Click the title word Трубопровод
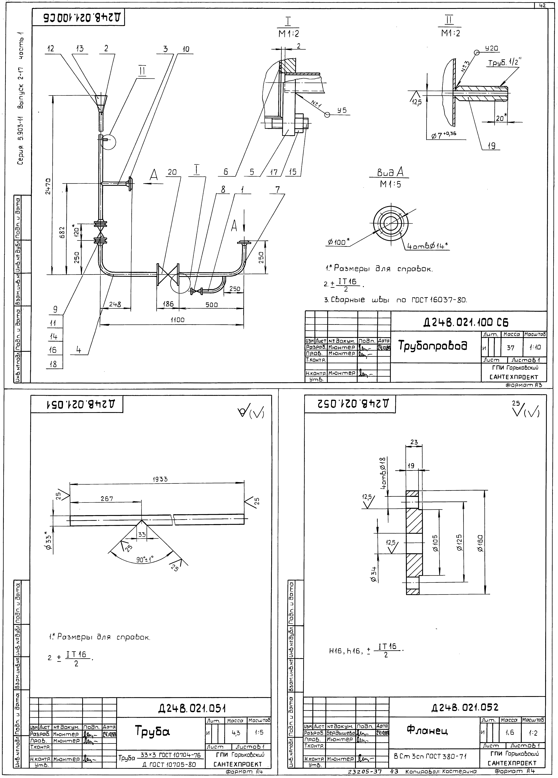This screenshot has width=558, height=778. coord(433,346)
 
